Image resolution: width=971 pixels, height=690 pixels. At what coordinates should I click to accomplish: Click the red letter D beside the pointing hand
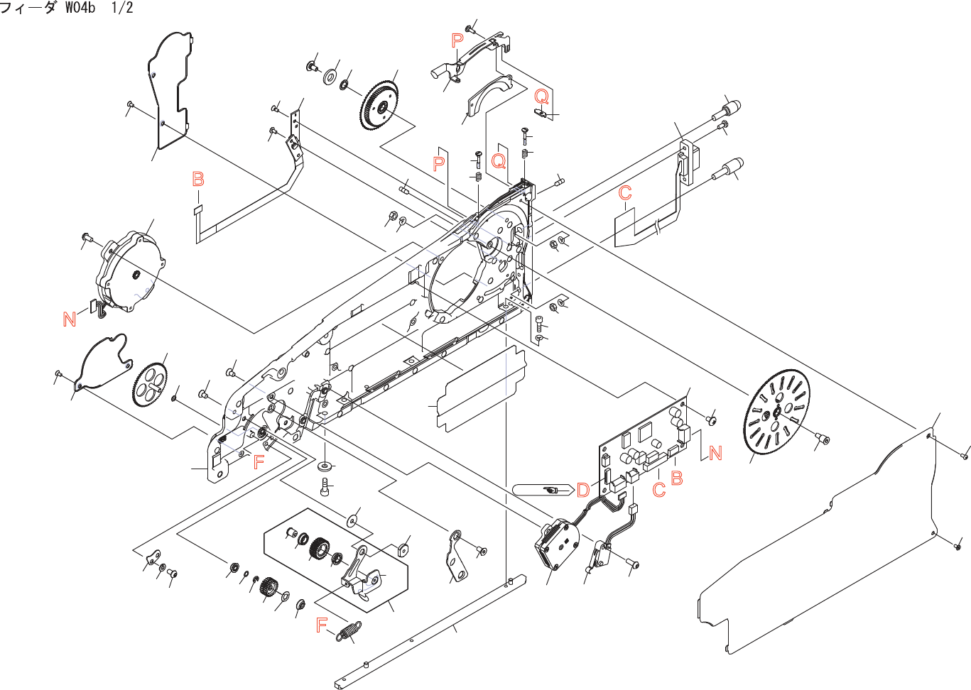point(583,490)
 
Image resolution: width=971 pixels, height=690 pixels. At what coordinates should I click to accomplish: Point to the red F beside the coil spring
point(322,625)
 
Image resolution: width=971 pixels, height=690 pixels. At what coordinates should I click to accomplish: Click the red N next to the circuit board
point(715,453)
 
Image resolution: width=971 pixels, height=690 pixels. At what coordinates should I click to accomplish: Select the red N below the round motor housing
point(70,319)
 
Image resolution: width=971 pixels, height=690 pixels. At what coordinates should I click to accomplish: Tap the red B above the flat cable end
point(198,179)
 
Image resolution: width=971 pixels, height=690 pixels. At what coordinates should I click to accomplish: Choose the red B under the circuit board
point(677,478)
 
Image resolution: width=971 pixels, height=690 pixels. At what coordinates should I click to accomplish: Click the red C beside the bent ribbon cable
point(625,193)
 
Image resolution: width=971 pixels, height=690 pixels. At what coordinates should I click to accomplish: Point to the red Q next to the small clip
point(541,97)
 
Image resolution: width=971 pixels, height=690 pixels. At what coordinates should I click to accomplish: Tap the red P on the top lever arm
point(457,41)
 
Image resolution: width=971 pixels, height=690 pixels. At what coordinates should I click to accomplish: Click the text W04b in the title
point(80,9)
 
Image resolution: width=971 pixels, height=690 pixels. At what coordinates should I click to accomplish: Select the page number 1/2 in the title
point(121,9)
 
